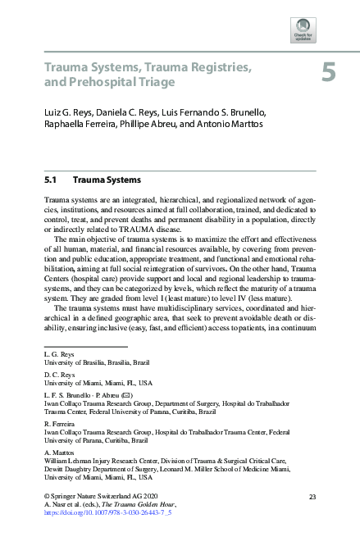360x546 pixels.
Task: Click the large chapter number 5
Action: point(327,74)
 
